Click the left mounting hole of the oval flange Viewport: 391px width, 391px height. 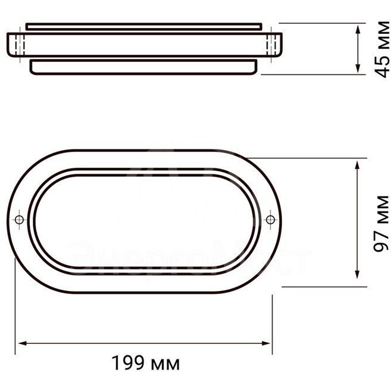coord(20,220)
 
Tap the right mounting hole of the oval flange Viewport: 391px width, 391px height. coord(271,220)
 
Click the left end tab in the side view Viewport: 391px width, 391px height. coord(16,45)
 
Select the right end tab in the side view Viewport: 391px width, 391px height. coord(273,45)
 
